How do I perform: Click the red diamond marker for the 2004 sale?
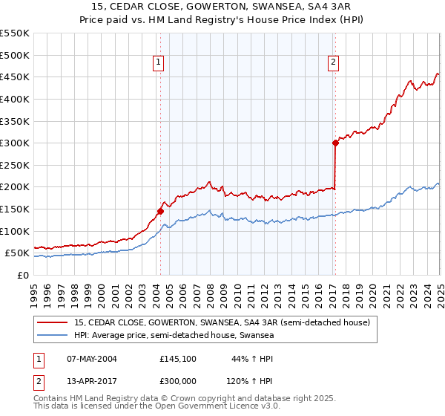click(160, 212)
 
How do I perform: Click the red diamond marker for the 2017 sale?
click(335, 143)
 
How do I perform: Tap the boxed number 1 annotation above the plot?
click(159, 63)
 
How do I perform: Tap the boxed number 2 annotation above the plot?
click(334, 63)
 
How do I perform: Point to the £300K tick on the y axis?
click(15, 143)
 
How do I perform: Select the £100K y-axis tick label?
click(15, 231)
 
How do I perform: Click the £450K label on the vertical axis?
click(15, 77)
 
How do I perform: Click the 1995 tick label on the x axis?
click(34, 293)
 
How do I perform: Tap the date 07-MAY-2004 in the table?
click(92, 359)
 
